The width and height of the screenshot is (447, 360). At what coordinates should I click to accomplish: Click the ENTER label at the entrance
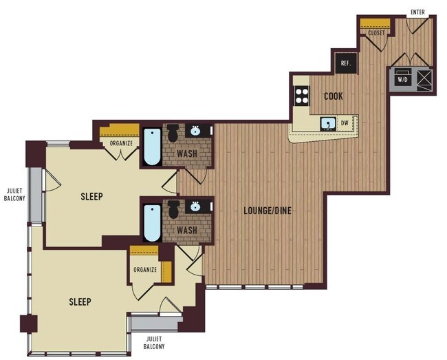point(417,12)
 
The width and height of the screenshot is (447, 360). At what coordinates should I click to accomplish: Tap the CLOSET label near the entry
point(376,32)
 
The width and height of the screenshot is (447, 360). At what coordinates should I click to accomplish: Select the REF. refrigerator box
point(346,64)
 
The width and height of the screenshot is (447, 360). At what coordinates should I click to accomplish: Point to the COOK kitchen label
point(333,96)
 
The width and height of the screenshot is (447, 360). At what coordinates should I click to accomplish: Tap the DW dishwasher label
point(345,124)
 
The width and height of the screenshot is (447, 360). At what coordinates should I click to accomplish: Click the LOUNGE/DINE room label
point(268,210)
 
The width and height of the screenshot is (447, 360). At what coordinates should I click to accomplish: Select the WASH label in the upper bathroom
point(186,154)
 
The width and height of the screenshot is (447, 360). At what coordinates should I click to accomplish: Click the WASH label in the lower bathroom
point(186,230)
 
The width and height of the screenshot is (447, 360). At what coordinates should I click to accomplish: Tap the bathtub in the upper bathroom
point(152,147)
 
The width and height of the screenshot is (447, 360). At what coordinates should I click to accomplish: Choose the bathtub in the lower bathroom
point(152,222)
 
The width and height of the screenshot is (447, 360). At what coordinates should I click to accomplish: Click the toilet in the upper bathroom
point(173,131)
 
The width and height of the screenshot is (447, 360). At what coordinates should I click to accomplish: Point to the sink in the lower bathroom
point(196,206)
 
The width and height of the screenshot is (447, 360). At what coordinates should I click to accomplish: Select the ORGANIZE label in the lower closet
point(145,269)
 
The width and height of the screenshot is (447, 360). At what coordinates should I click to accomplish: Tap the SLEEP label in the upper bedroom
point(91,196)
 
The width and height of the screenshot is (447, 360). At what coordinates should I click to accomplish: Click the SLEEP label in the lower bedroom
point(80,301)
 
